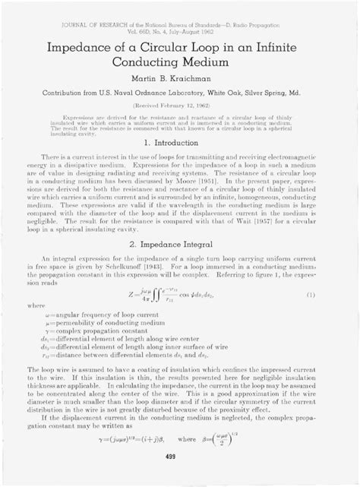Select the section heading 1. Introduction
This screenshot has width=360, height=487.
click(180, 143)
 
